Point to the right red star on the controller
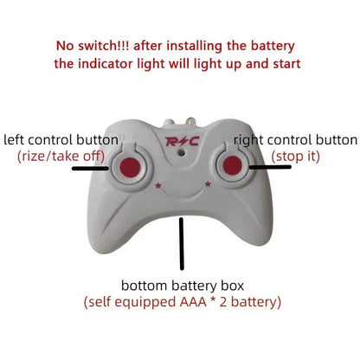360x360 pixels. point(208,183)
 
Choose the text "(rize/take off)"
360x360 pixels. point(60,156)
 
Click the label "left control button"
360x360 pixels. point(61,139)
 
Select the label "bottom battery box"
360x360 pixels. point(182,286)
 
